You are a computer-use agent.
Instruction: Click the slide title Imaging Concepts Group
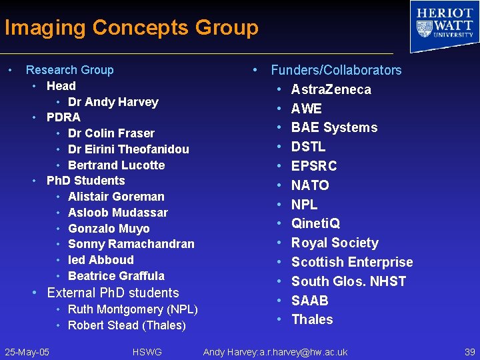[131, 28]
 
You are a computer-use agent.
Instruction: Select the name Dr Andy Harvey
[113, 102]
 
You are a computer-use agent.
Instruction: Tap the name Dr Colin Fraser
[111, 133]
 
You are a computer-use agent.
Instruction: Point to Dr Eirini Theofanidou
[128, 149]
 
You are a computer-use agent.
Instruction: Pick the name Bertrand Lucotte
[116, 165]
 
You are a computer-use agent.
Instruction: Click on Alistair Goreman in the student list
[116, 197]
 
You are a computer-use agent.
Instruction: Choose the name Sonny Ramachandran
[131, 244]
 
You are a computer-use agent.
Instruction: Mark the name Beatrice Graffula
[116, 276]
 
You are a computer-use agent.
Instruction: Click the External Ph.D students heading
[113, 293]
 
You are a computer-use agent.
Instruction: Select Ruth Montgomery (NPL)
[133, 309]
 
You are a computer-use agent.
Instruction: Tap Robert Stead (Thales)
[127, 325]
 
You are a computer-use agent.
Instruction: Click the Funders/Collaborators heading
[336, 70]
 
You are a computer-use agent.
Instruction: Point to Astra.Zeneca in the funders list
[331, 89]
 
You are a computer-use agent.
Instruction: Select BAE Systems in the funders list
[334, 127]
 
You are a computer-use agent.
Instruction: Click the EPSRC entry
[314, 166]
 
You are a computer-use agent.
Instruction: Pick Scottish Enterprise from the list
[352, 262]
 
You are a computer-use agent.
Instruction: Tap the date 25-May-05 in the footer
[27, 352]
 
